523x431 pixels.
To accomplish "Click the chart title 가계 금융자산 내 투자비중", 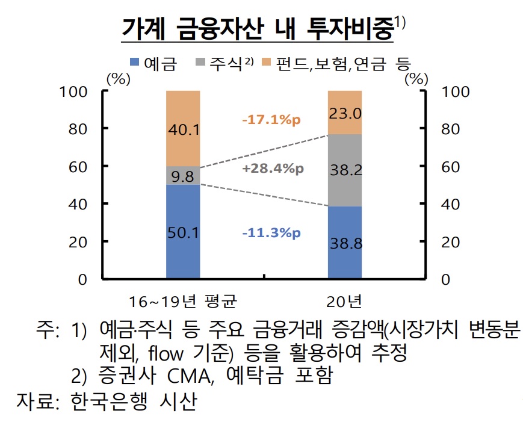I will point(256,28).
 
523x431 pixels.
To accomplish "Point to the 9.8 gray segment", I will point(183,175).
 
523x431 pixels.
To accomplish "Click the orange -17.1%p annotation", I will point(271,120).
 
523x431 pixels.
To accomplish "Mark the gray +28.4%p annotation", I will point(271,169).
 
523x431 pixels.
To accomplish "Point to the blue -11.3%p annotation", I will point(271,233).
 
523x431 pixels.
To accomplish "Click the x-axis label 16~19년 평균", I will point(183,299).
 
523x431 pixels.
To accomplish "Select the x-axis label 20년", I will point(345,299).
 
